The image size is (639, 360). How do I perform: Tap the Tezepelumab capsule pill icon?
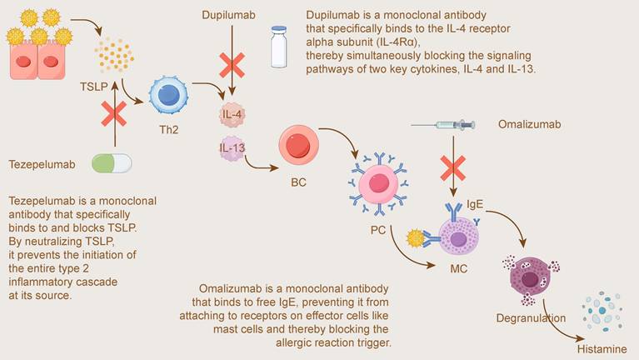click(112, 163)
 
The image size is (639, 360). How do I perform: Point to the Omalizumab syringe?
click(442, 125)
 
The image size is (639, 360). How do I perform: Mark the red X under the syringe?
click(453, 170)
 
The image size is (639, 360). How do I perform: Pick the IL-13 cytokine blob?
click(232, 148)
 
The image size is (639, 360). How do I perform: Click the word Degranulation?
click(531, 317)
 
